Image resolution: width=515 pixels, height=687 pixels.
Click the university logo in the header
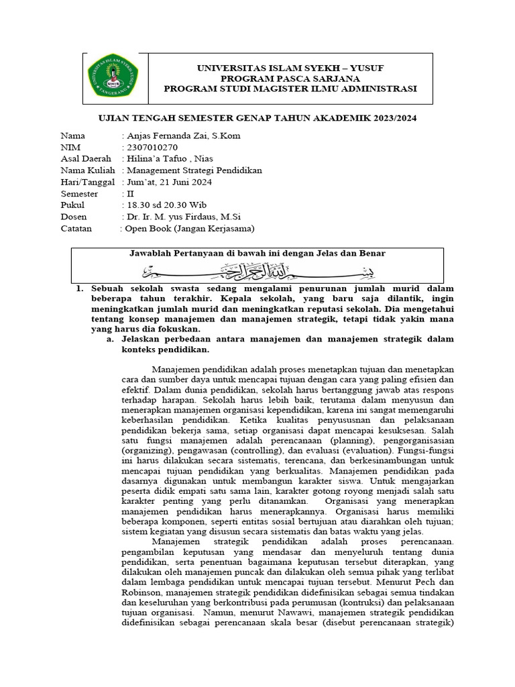pos(114,74)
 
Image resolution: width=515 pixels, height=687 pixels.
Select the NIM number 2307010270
pos(150,147)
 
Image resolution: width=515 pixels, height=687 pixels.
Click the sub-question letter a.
pos(111,339)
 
